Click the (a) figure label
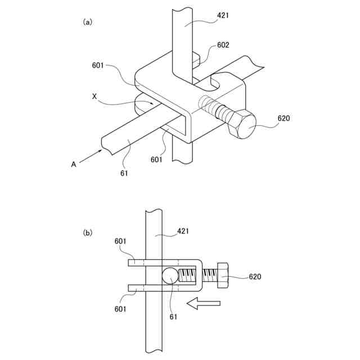[x=87, y=22]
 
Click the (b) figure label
[x=87, y=232]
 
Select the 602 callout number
[x=223, y=45]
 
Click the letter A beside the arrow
[x=73, y=164]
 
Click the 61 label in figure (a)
[x=124, y=173]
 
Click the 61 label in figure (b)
[x=173, y=317]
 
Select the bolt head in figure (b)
[x=221, y=276]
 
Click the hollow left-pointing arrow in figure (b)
[x=203, y=304]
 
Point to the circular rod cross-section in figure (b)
[x=170, y=276]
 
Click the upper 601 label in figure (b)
[x=120, y=242]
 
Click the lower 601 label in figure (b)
[x=120, y=309]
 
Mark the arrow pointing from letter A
[x=91, y=157]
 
